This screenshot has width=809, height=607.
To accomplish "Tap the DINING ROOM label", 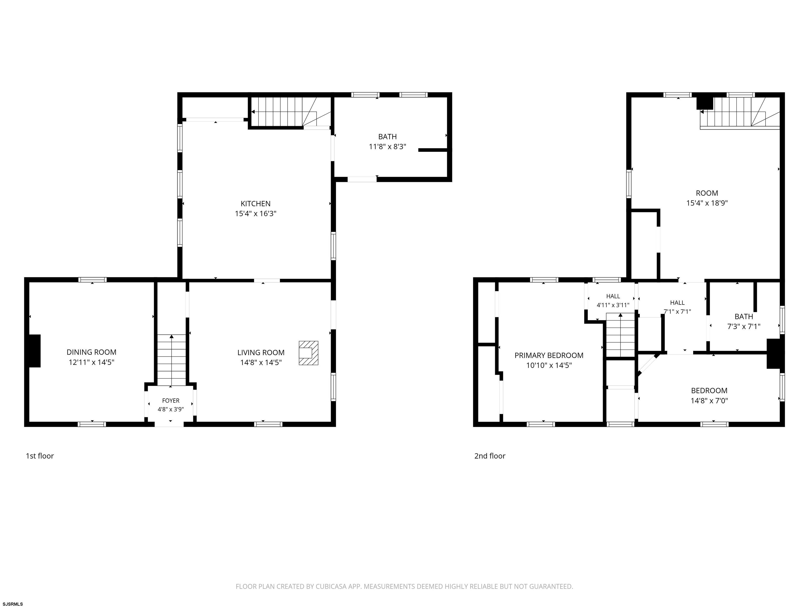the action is (x=91, y=352).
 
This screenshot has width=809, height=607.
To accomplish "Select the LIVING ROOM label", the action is (x=261, y=353).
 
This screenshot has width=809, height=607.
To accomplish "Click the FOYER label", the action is (x=171, y=401).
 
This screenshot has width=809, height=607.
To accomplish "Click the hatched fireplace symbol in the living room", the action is (x=308, y=353).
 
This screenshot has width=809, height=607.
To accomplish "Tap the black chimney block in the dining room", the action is (x=35, y=350).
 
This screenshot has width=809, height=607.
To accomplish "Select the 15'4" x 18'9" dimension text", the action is (x=707, y=203).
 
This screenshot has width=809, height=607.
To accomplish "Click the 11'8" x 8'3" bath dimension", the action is (x=387, y=147).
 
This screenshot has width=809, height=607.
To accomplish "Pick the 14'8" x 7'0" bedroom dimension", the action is (x=709, y=401).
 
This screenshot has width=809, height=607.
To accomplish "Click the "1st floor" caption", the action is (x=40, y=456).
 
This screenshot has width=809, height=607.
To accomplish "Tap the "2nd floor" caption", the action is (x=490, y=456).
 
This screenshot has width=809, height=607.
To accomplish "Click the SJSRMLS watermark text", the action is (x=13, y=604).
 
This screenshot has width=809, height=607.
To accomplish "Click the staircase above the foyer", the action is (x=171, y=360).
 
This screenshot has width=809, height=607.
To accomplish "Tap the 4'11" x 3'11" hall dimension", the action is (x=613, y=305).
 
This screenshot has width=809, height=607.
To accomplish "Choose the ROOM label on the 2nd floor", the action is (x=707, y=193).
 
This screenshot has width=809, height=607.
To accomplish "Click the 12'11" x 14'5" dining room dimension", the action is (x=91, y=363).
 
